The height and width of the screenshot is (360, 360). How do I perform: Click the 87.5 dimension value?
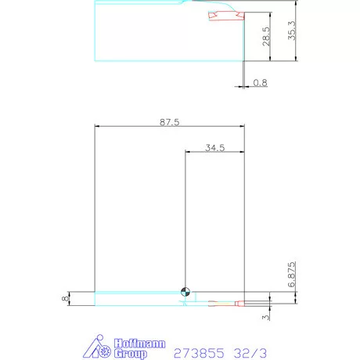[x=168, y=121]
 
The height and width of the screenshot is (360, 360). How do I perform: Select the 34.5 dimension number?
[x=214, y=147]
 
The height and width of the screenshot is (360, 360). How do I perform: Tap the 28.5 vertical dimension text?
[x=266, y=38]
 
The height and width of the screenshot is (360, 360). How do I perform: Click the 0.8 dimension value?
[x=259, y=82]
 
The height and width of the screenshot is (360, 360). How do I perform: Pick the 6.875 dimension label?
[x=290, y=275]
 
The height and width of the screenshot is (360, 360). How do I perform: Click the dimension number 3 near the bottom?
[x=266, y=317]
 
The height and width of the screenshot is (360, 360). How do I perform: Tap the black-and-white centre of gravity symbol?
[x=185, y=292]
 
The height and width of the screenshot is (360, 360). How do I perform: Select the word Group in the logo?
[x=131, y=353]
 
